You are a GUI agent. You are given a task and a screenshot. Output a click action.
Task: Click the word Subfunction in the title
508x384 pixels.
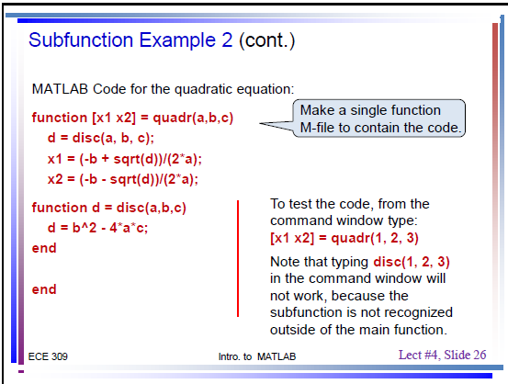81,40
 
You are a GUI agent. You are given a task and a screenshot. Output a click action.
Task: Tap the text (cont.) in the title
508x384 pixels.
267,40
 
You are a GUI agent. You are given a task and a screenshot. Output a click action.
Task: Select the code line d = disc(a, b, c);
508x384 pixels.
101,138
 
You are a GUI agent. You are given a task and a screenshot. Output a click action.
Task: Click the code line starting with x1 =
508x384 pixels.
125,159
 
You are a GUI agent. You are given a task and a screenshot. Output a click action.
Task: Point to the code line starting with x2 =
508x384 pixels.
123,179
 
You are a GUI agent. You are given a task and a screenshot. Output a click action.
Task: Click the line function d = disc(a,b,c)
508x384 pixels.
108,208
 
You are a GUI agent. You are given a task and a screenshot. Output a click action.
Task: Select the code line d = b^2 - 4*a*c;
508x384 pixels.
97,228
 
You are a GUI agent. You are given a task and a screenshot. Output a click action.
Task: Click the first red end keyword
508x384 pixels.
44,248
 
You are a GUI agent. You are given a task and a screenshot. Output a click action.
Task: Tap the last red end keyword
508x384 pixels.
44,289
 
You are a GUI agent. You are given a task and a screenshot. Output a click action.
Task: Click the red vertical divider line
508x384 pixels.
238,258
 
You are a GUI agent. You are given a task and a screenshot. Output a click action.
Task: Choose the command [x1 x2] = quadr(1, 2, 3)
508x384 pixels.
344,238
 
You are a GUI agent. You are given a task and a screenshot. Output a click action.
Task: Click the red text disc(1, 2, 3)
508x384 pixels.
412,262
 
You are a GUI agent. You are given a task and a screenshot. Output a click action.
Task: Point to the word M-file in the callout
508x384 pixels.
318,128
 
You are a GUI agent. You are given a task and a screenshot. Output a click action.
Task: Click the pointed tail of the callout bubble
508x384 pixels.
260,123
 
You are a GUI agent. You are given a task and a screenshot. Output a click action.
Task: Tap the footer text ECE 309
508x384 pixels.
48,356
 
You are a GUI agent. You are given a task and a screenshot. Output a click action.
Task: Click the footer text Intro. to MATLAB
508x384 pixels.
257,356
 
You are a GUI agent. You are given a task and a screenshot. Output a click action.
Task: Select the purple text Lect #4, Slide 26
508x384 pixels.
442,355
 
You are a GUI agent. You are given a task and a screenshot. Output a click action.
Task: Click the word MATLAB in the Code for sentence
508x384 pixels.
60,89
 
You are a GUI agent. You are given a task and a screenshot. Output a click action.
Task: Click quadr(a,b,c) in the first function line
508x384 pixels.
193,118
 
